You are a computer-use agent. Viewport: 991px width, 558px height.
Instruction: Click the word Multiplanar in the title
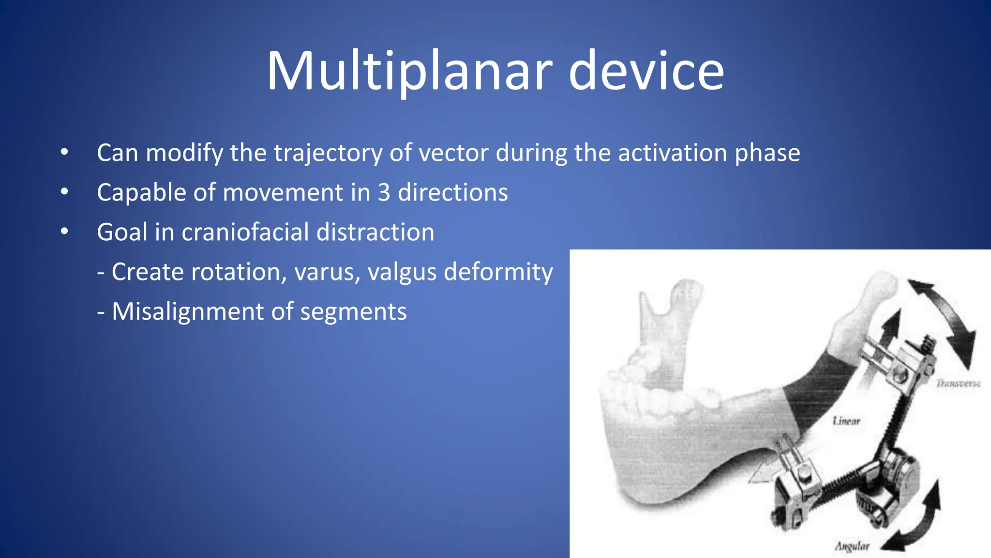coord(409,72)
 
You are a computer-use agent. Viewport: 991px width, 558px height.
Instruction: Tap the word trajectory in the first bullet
coord(328,153)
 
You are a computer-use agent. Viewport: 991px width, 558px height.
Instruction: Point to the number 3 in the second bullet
coord(384,193)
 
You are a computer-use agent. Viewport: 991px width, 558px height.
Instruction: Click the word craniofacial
coord(244,232)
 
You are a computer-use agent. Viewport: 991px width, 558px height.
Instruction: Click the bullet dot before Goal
coord(64,232)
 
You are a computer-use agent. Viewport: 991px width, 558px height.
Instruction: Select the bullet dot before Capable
coord(64,192)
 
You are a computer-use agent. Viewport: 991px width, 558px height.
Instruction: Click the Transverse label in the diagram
coord(958,384)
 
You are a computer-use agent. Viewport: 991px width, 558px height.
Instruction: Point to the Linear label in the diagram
coord(846,421)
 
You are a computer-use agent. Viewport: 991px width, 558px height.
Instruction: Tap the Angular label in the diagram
coord(852,546)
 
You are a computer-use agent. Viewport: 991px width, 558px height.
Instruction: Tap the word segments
coord(353,311)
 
